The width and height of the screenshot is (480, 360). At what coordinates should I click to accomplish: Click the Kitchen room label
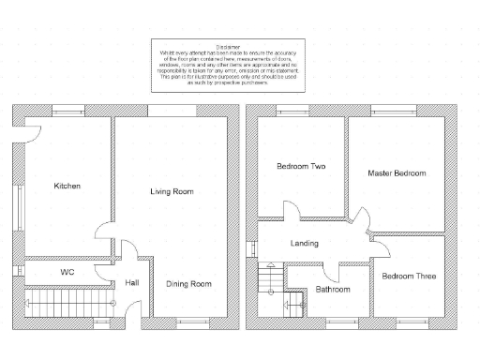(67, 186)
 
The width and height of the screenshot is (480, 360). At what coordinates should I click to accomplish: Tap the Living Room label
(172, 191)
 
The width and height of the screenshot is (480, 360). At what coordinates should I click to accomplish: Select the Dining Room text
(188, 283)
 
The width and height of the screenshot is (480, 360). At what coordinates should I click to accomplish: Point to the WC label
(67, 272)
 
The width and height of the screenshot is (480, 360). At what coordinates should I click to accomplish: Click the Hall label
(131, 283)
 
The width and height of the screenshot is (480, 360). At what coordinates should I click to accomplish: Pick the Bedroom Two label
(301, 167)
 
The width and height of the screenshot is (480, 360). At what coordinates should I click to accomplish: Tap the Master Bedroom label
(397, 173)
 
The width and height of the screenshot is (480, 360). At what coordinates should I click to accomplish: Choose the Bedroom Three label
(408, 276)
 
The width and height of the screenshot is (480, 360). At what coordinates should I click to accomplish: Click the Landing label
(304, 244)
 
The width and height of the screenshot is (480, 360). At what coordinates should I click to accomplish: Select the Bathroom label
(332, 289)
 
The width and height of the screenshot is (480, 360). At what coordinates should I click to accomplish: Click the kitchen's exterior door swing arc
(32, 133)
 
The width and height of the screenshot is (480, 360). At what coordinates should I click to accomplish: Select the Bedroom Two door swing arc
(273, 211)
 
